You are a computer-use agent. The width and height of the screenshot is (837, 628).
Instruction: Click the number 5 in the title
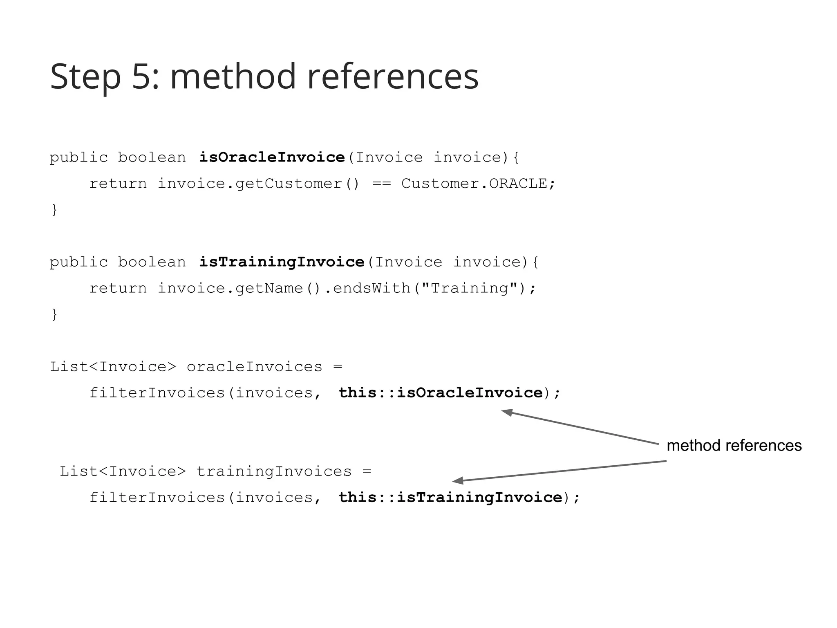tap(141, 77)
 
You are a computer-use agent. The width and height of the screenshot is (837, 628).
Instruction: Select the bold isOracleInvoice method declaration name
tap(272, 157)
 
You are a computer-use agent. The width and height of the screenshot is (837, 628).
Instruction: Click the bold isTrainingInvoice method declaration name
tap(282, 262)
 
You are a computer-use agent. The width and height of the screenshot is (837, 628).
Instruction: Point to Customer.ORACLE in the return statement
tap(474, 184)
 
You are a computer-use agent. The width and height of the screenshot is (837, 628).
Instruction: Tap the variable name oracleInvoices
tap(255, 367)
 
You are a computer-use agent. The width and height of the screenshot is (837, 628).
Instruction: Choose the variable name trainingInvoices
tap(274, 471)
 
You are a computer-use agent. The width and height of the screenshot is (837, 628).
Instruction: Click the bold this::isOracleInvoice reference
tap(441, 393)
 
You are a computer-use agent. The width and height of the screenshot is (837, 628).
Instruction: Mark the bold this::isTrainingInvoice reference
tap(450, 498)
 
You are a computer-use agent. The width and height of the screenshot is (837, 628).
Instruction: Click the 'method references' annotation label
tap(734, 446)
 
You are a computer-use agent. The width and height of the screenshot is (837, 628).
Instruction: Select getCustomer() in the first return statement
tap(298, 184)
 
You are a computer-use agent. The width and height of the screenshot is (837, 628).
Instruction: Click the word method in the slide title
tap(233, 77)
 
